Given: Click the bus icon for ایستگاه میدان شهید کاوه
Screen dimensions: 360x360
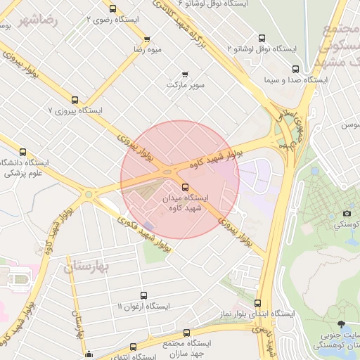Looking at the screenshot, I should [186, 187].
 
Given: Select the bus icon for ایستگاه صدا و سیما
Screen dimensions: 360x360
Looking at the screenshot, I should [295, 69].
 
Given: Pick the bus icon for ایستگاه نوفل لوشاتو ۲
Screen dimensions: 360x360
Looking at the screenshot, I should [262, 38].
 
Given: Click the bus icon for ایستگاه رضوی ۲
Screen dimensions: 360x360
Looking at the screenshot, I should [113, 8].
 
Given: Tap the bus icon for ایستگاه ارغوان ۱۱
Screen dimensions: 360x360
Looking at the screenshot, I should [144, 295].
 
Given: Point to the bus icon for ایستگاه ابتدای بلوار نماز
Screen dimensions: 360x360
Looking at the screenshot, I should [257, 302].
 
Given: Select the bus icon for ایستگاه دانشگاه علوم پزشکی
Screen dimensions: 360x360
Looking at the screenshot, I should [22, 152].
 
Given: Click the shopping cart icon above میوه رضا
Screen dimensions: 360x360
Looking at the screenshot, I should [147, 39].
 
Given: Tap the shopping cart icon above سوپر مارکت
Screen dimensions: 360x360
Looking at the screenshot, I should [185, 74].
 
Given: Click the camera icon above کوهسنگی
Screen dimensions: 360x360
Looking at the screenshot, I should [347, 213].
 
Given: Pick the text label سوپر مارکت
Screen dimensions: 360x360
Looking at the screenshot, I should [186, 85].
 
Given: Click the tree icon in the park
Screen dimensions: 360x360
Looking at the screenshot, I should [342, 324].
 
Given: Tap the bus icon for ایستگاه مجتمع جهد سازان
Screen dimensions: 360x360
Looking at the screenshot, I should [186, 333].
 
